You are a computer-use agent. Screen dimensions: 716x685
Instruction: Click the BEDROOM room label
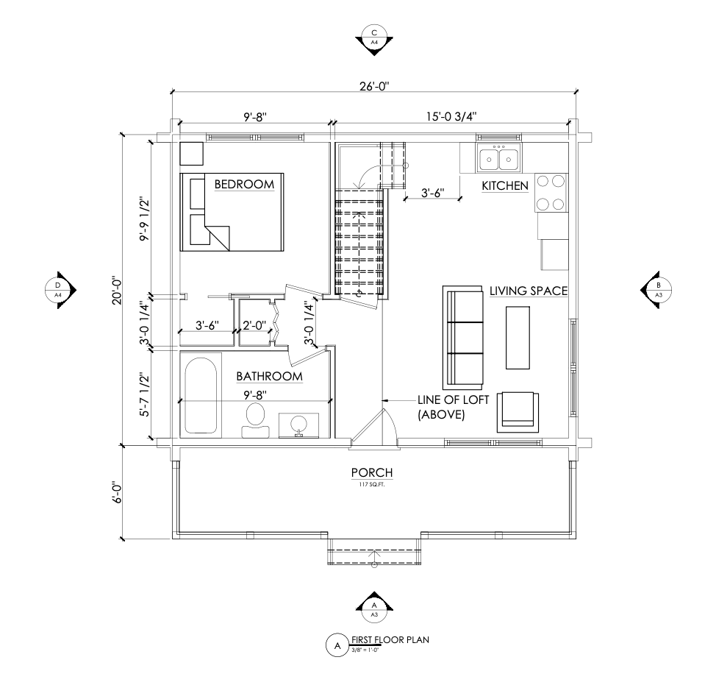[x=244, y=184]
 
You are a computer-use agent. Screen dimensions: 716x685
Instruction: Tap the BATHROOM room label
[x=269, y=376]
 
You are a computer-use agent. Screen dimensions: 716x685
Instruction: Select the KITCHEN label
[x=505, y=185]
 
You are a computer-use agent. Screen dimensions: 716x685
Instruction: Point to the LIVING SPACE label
[x=529, y=291]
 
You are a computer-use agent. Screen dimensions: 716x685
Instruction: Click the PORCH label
[x=372, y=472]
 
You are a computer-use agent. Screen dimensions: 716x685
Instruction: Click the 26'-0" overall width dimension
[x=374, y=86]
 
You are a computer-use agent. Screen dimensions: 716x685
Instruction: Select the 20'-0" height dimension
[x=116, y=290]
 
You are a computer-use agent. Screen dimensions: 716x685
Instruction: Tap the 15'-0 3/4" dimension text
[x=451, y=116]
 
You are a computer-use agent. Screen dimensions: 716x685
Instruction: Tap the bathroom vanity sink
[x=299, y=425]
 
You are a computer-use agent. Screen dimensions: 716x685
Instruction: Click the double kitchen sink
[x=498, y=157]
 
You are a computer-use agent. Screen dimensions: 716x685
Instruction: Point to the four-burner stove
[x=551, y=193]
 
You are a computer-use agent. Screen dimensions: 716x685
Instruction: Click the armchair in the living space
[x=518, y=412]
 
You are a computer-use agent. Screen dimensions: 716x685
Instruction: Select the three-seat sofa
[x=462, y=338]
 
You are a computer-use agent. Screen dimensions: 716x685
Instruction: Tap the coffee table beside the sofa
[x=518, y=338]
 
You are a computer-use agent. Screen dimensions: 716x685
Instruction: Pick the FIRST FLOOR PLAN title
[x=390, y=640]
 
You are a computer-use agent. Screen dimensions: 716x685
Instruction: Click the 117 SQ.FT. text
[x=372, y=484]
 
